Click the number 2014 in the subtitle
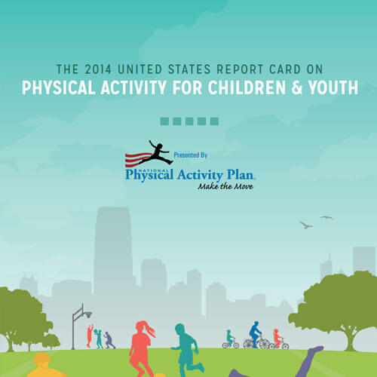coord(98,69)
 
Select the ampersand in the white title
coord(296,87)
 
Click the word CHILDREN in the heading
coord(247,87)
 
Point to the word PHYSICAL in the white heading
coord(59,87)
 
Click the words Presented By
coord(191,155)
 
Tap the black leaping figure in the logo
coord(157,152)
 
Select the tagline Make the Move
coord(225,186)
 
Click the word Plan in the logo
coord(241,175)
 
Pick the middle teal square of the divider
coord(189,121)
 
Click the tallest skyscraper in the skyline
coord(113,251)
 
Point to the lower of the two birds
coord(306,225)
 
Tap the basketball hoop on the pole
coord(87,314)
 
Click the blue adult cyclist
coord(255,333)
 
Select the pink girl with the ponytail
coord(141,349)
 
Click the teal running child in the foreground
coord(187,350)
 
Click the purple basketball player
coord(109,340)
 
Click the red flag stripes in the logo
coord(138,158)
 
